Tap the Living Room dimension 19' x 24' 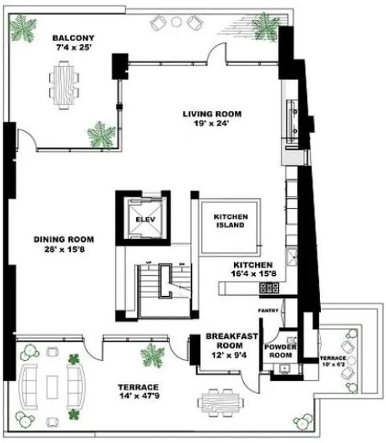(x=212, y=124)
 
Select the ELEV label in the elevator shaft (x=143, y=219)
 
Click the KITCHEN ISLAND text (x=230, y=221)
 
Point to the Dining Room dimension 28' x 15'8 (x=64, y=249)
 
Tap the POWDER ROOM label (x=280, y=351)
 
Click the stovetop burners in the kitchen (x=269, y=288)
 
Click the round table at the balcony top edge (x=176, y=22)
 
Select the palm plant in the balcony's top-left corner (x=23, y=28)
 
